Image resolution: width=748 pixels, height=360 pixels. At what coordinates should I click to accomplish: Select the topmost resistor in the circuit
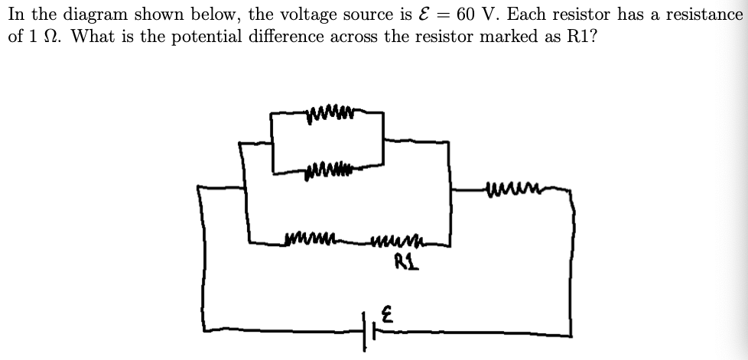(x=331, y=116)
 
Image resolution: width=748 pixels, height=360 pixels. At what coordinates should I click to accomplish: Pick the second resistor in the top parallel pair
(x=330, y=164)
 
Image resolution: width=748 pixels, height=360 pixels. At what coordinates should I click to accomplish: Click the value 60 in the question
(x=468, y=14)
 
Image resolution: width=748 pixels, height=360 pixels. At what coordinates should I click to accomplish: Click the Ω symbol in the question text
(x=54, y=36)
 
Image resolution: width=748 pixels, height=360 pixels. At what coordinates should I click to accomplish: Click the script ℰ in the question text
(x=411, y=14)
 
